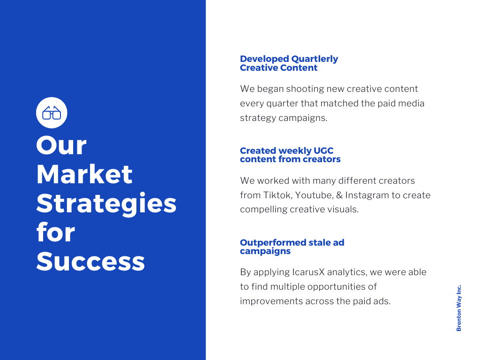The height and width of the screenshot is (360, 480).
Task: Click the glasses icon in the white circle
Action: (52, 112)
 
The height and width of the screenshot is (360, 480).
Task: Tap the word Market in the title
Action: (84, 174)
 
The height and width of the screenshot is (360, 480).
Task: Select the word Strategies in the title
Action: (106, 203)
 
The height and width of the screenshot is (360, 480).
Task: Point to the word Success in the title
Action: (90, 262)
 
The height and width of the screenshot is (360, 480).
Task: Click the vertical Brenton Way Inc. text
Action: (459, 308)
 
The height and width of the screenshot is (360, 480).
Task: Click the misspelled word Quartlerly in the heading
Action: (315, 59)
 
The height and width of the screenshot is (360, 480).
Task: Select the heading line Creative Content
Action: (278, 68)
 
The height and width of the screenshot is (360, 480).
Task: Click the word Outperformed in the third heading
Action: (273, 243)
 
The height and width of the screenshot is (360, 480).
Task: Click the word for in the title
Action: (55, 232)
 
